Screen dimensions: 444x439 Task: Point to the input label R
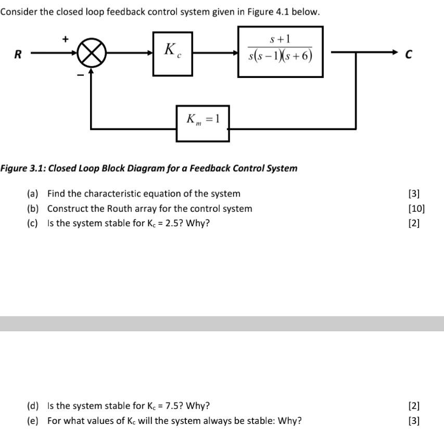[18, 54]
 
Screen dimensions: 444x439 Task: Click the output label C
[408, 54]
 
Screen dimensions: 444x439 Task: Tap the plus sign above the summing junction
[66, 39]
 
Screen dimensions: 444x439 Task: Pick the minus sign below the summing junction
[81, 75]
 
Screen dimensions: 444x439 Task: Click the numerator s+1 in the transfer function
[280, 39]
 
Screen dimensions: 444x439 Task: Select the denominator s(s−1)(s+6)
[281, 56]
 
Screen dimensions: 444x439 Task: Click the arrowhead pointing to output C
[395, 52]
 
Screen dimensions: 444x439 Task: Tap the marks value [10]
[416, 209]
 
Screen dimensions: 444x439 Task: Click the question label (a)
[33, 193]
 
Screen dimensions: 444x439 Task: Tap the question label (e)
[33, 421]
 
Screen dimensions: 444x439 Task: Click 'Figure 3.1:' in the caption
[23, 169]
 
